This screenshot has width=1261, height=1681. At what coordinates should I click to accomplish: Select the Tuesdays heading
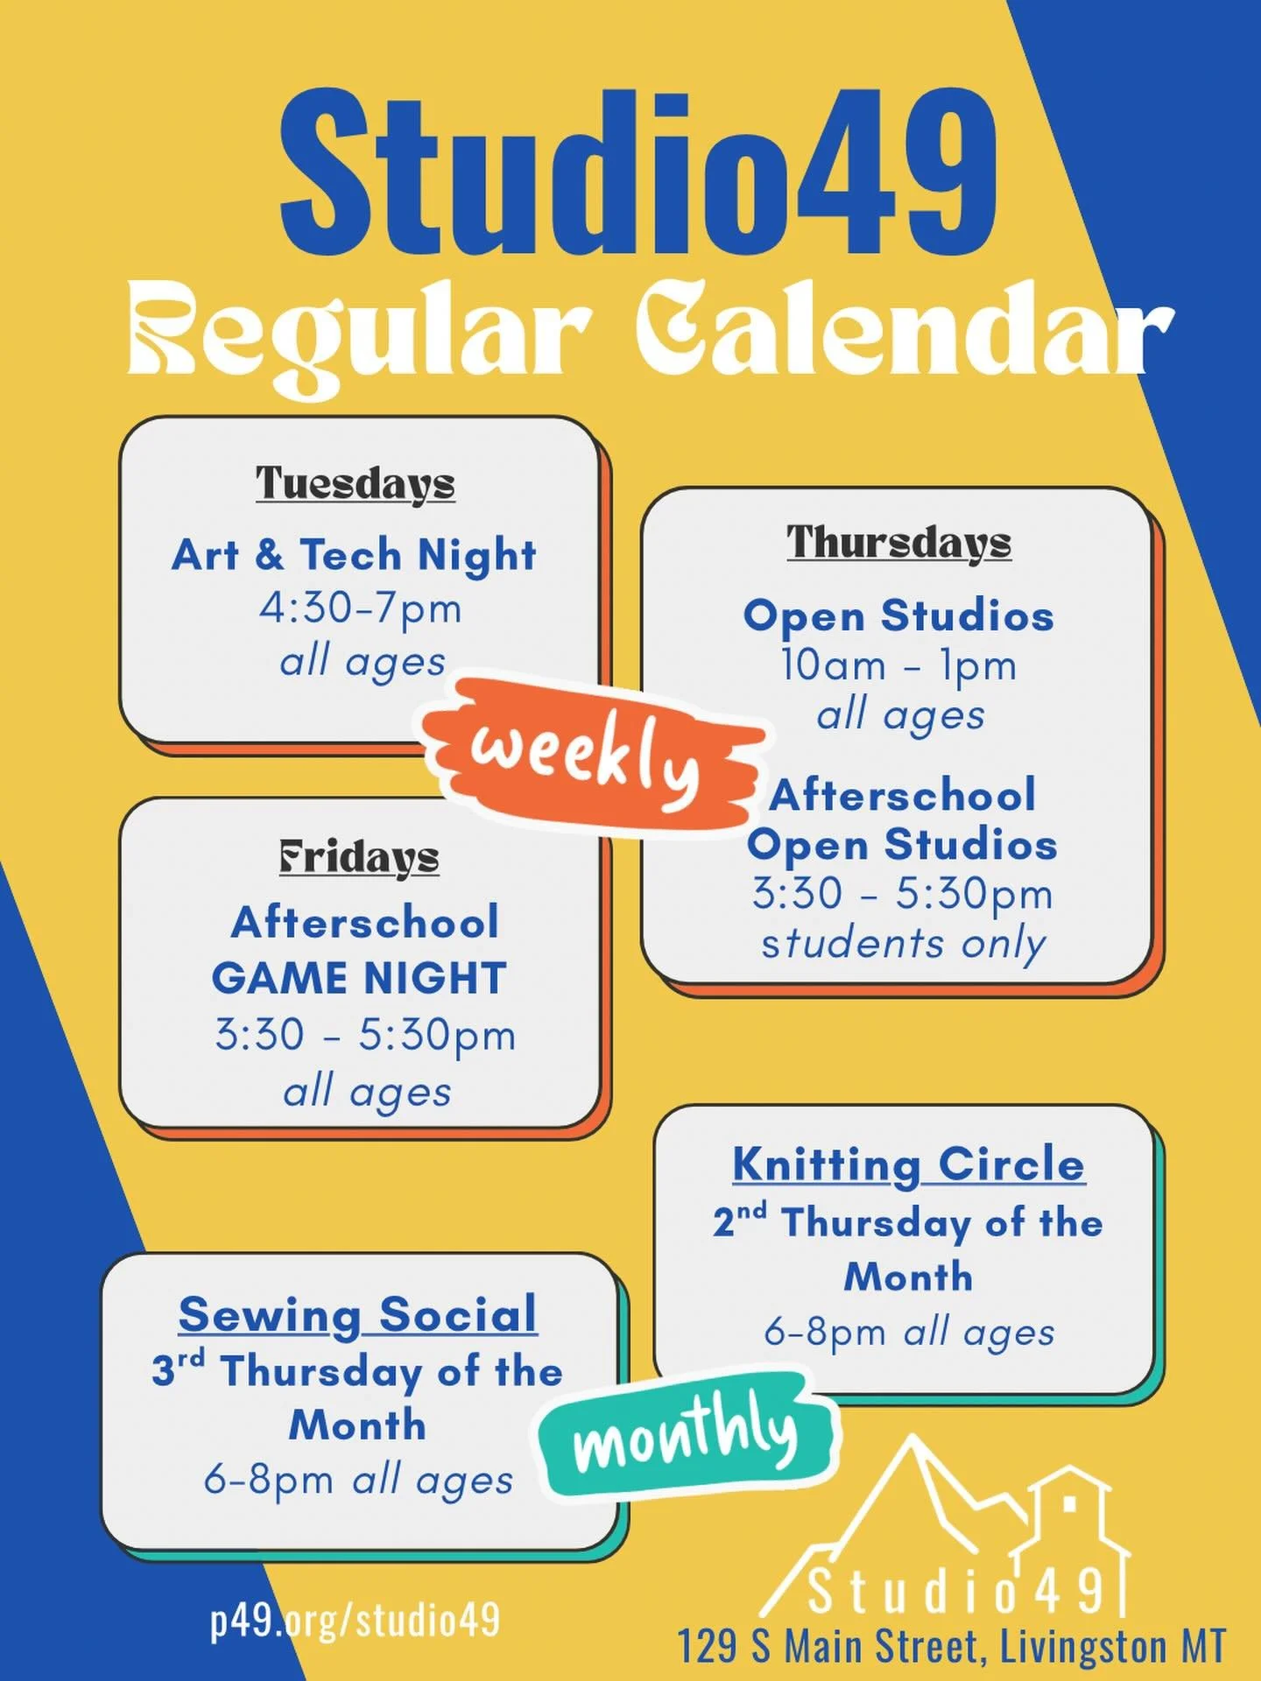(x=356, y=482)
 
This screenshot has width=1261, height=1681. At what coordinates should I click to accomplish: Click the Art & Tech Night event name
(x=354, y=554)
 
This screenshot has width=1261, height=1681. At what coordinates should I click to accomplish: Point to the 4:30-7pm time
(x=360, y=608)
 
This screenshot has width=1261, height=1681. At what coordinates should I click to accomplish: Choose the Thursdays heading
(x=898, y=542)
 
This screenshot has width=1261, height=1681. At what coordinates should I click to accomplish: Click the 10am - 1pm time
(x=898, y=665)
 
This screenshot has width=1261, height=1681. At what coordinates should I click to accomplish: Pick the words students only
(x=904, y=944)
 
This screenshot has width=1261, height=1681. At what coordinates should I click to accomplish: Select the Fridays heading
(x=359, y=857)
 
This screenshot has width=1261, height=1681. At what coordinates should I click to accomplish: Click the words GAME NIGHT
(x=359, y=978)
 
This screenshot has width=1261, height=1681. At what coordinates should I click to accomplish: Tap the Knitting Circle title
(x=908, y=1164)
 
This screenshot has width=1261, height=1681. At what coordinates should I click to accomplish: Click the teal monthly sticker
(x=687, y=1433)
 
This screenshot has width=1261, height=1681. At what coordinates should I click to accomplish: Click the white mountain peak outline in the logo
(x=911, y=1480)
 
